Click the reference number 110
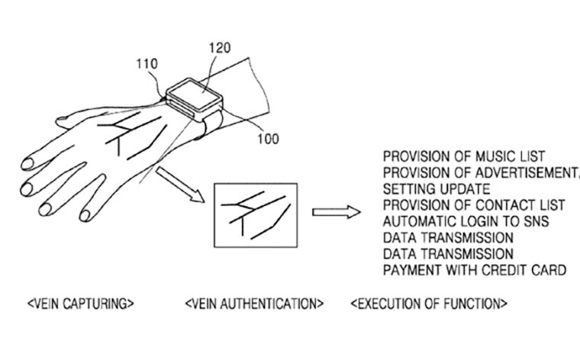pyautogui.click(x=147, y=64)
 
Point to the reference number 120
pyautogui.click(x=220, y=48)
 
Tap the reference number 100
pyautogui.click(x=268, y=139)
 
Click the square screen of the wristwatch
pyautogui.click(x=194, y=94)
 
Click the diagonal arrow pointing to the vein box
pyautogui.click(x=180, y=185)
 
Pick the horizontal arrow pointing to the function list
pyautogui.click(x=337, y=212)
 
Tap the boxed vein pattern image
pyautogui.click(x=256, y=215)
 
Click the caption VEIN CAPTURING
pyautogui.click(x=81, y=304)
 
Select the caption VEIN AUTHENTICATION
pyautogui.click(x=254, y=304)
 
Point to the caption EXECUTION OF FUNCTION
pyautogui.click(x=429, y=304)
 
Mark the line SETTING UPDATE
pyautogui.click(x=437, y=189)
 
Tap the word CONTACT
pyautogui.click(x=499, y=205)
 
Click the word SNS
pyautogui.click(x=536, y=221)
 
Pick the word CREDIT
pyautogui.click(x=504, y=270)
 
